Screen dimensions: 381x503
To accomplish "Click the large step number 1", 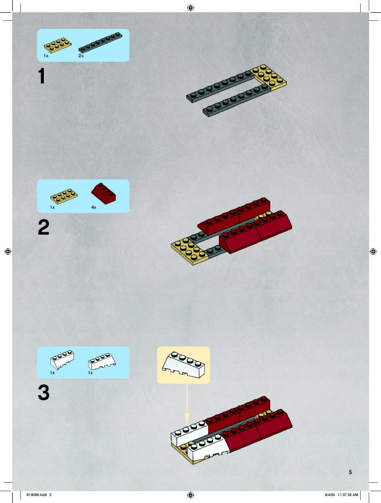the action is pyautogui.click(x=42, y=76).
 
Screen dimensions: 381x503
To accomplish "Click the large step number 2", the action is pyautogui.click(x=44, y=227).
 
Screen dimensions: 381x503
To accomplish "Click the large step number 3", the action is pyautogui.click(x=44, y=393).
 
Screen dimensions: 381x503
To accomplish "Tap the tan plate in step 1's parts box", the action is pyautogui.click(x=58, y=45).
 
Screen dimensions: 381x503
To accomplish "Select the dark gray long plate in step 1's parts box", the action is pyautogui.click(x=101, y=42).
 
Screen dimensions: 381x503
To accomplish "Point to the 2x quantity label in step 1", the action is pyautogui.click(x=81, y=56).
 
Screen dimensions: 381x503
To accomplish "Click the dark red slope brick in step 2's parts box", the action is pyautogui.click(x=103, y=193).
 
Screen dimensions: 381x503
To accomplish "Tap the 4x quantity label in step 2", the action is pyautogui.click(x=94, y=207).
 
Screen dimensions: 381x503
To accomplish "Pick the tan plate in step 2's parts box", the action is pyautogui.click(x=64, y=196).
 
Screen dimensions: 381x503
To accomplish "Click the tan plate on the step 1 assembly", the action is pyautogui.click(x=269, y=77).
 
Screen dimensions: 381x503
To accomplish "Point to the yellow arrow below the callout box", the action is pyautogui.click(x=187, y=403).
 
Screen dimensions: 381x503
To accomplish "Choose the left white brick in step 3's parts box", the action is pyautogui.click(x=62, y=360).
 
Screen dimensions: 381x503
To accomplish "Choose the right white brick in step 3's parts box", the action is pyautogui.click(x=102, y=362).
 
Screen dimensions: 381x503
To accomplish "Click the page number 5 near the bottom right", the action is pyautogui.click(x=350, y=472).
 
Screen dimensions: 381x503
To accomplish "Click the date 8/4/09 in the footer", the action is pyautogui.click(x=330, y=494).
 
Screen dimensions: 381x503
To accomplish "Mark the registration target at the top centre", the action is pyautogui.click(x=190, y=7).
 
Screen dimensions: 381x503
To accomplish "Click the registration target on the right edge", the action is pyautogui.click(x=373, y=251).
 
